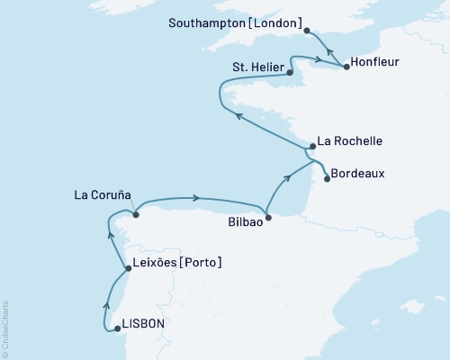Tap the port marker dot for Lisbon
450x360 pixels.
pyautogui.click(x=119, y=329)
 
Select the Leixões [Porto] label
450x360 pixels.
pyautogui.click(x=177, y=262)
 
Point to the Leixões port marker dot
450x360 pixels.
pyautogui.click(x=127, y=268)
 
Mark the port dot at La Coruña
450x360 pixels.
pyautogui.click(x=135, y=214)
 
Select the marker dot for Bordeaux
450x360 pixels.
pyautogui.click(x=327, y=178)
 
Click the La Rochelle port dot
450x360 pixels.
pyautogui.click(x=310, y=147)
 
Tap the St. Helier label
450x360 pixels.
pyautogui.click(x=258, y=67)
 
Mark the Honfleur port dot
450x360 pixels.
pyautogui.click(x=346, y=67)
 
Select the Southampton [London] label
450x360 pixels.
pyautogui.click(x=237, y=22)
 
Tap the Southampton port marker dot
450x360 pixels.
pyautogui.click(x=307, y=30)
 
